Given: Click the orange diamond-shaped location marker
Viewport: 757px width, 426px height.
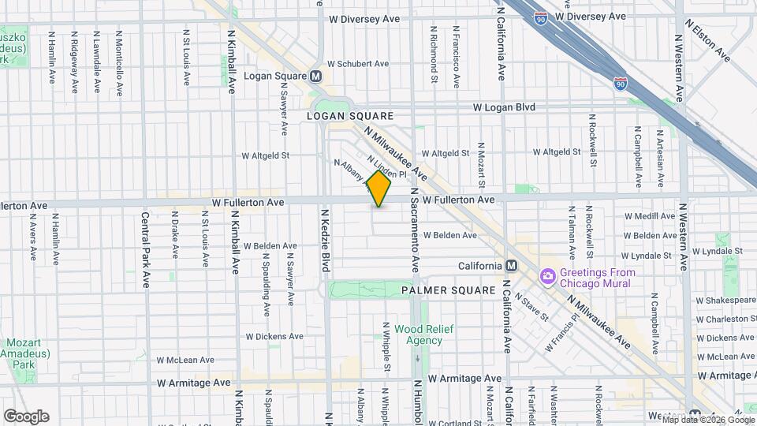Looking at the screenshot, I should click(379, 189).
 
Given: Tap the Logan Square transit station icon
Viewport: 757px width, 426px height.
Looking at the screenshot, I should click(316, 77).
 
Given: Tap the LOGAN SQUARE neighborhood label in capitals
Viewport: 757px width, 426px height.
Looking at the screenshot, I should click(349, 116).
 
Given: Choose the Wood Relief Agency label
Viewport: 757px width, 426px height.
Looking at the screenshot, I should click(423, 334).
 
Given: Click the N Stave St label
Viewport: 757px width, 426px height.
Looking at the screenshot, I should click(532, 306).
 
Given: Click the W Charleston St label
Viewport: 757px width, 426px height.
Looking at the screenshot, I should click(725, 319).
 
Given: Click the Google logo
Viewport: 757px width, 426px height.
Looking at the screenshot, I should click(26, 416).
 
